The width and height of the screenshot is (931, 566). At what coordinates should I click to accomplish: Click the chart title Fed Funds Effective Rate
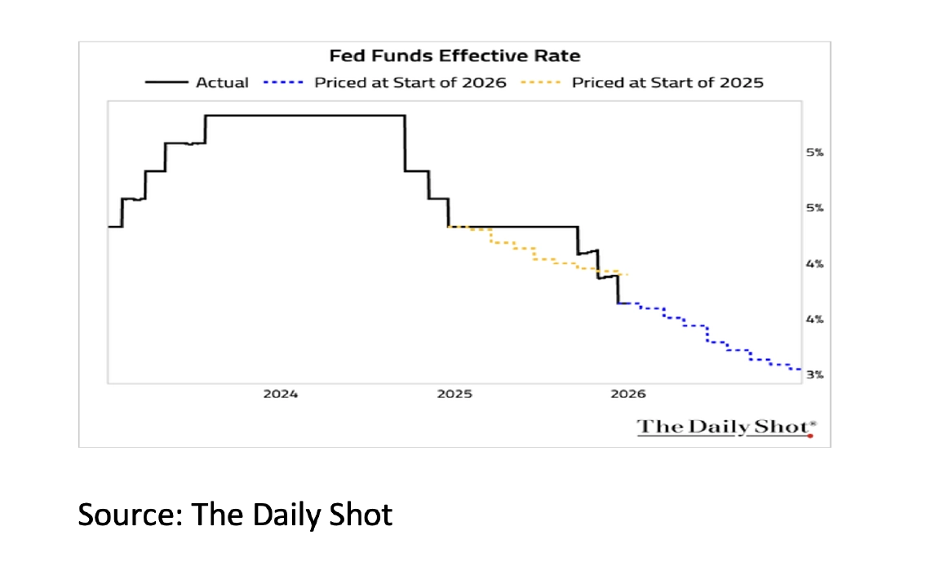(x=454, y=56)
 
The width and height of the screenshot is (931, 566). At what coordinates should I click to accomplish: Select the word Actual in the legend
(x=222, y=82)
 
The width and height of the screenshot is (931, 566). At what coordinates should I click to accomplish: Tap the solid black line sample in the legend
(x=167, y=82)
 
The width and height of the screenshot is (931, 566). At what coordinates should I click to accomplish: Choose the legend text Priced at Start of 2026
(x=410, y=82)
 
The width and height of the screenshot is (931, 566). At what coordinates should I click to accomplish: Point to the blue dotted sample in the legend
(x=285, y=82)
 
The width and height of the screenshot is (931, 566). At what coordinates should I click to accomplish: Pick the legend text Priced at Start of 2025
(x=667, y=82)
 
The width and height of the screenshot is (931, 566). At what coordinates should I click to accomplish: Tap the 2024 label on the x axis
(x=281, y=394)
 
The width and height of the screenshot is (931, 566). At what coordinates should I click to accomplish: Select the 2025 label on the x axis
(x=454, y=394)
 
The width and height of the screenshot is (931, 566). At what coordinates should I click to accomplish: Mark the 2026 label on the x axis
(x=627, y=394)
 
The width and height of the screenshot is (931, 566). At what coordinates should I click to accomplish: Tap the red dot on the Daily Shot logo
(x=810, y=435)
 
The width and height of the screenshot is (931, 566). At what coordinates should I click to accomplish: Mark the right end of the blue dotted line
(x=800, y=369)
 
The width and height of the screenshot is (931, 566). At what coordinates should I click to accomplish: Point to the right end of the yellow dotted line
(x=627, y=274)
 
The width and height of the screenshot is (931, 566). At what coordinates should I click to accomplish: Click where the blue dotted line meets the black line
(x=618, y=303)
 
